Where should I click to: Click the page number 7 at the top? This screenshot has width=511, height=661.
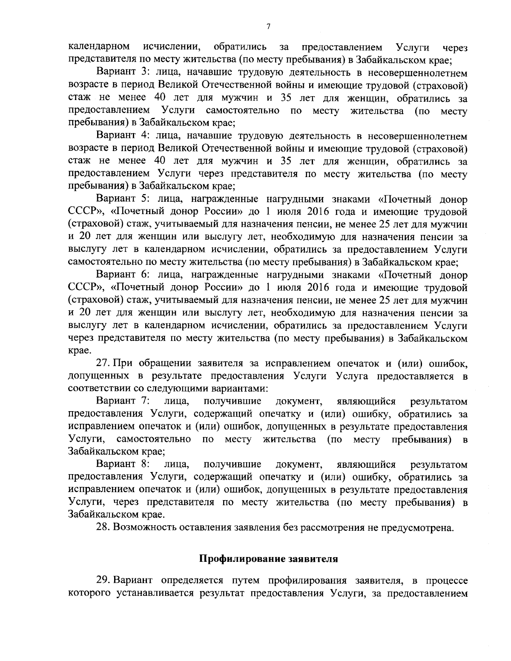tap(268, 27)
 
